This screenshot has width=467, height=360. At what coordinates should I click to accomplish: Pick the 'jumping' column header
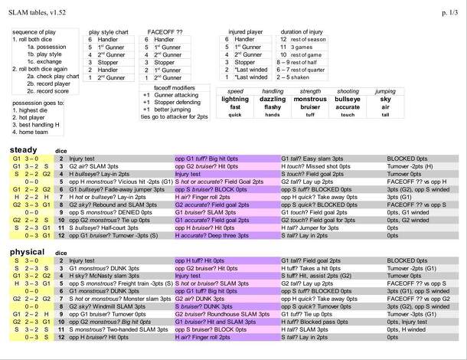point(385,91)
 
